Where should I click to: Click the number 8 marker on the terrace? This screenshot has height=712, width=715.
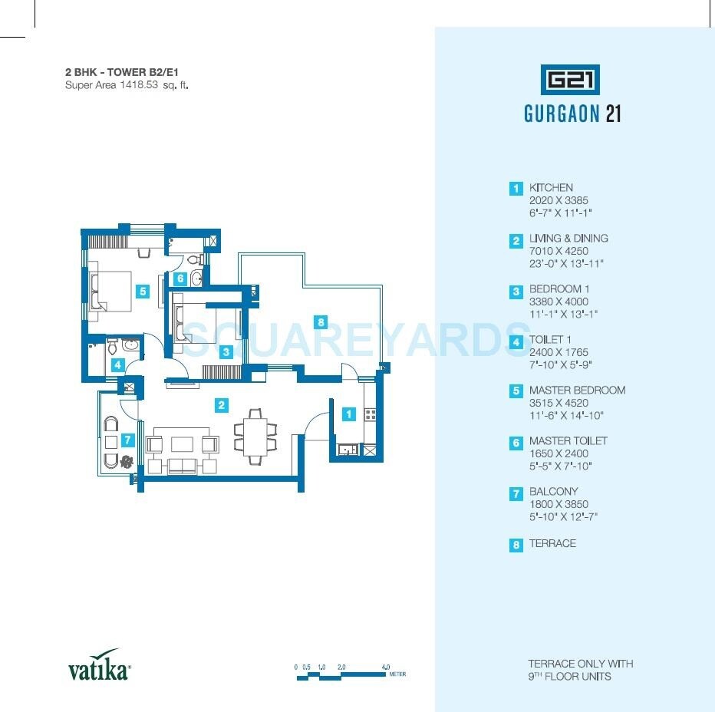[321, 321]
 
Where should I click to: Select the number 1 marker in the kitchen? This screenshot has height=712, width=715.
[349, 414]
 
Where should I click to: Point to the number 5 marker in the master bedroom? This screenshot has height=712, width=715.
[142, 291]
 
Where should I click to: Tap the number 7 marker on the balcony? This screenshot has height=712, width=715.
[181, 279]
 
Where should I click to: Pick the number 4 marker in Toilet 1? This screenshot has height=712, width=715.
[117, 365]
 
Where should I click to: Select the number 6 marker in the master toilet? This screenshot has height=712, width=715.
[181, 279]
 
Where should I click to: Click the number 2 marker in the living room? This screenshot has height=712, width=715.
[221, 404]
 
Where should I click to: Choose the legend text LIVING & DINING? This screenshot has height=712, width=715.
[568, 238]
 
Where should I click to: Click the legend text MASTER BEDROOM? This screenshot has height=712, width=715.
[577, 390]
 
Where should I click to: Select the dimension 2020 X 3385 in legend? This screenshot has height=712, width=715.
[558, 199]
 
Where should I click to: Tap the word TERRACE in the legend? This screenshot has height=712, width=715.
[552, 543]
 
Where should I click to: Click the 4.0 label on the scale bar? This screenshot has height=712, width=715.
[385, 667]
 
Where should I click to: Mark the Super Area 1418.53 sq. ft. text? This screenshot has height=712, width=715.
[127, 85]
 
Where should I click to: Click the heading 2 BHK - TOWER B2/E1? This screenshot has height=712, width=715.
[126, 72]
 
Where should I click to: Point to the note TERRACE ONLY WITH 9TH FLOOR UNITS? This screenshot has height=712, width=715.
[580, 670]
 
